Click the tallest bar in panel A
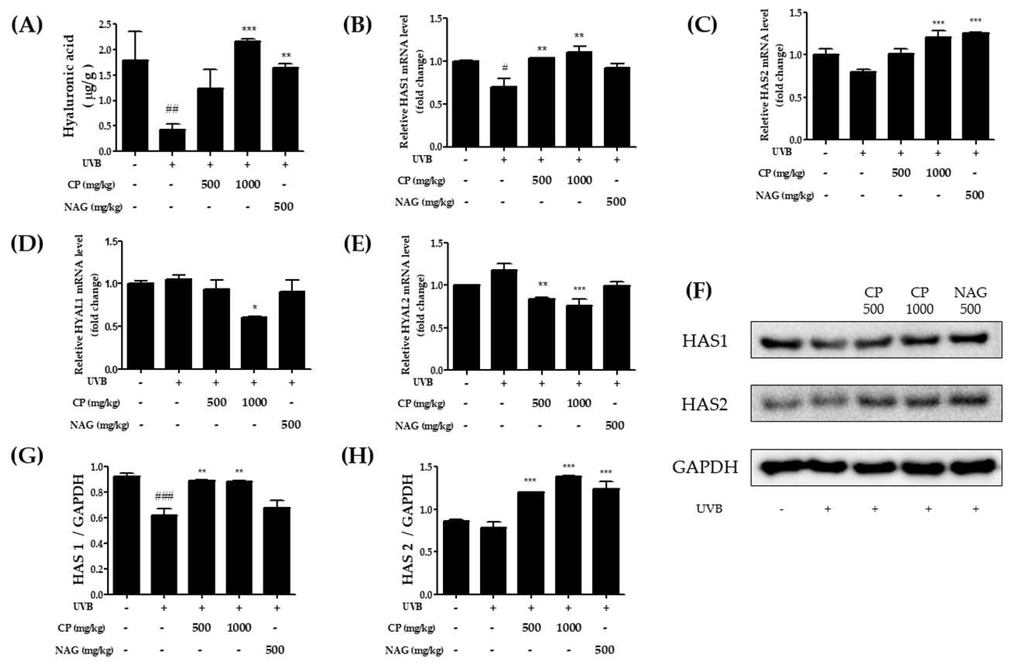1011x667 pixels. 248,96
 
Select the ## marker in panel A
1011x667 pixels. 172,109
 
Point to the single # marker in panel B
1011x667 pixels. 505,67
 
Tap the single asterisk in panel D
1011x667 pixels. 254,308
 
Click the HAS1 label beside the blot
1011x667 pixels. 704,341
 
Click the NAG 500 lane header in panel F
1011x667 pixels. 970,300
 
